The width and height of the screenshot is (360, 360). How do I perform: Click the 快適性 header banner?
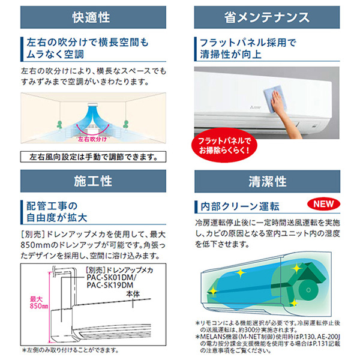pos(93,17)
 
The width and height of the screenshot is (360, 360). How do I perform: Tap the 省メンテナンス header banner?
pos(267,17)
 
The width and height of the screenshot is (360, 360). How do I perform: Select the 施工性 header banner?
pos(93,181)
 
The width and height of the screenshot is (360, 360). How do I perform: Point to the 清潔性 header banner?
pos(267,181)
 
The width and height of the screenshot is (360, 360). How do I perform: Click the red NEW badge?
pos(323,204)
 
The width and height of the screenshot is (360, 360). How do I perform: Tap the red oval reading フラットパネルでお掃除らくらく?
pos(224,145)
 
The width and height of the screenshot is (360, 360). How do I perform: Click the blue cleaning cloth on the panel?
pos(275,99)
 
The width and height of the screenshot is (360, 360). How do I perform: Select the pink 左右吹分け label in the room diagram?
pos(92,139)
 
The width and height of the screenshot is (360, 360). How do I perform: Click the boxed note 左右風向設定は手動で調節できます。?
pos(93,157)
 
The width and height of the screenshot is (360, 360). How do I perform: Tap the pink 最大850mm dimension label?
pos(39,302)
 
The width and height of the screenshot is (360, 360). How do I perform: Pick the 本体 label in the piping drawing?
pos(133,294)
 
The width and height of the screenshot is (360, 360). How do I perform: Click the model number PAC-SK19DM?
pos(110,286)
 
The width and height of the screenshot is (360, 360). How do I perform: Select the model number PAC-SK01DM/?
pos(112,278)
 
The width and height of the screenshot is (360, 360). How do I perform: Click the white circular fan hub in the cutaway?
pos(308,290)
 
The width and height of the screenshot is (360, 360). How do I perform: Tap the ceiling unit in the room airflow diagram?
pos(93,104)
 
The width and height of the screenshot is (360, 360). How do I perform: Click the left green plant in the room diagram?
pos(59,124)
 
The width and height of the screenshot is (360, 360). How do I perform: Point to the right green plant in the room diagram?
pos(125,124)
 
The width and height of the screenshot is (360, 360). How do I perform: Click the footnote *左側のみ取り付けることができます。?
pos(70,350)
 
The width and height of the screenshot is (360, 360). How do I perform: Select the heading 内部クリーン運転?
pos(240,206)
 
